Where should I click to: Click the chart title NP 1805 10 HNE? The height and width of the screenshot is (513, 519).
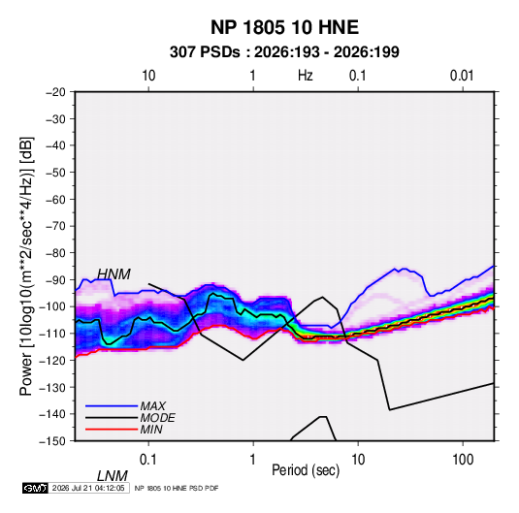click(x=284, y=27)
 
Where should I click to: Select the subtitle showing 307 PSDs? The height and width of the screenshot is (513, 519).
click(x=284, y=52)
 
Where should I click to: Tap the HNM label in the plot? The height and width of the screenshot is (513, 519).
click(x=114, y=274)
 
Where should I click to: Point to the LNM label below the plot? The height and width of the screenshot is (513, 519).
click(x=113, y=476)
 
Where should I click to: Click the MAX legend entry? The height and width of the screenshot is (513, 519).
click(x=152, y=405)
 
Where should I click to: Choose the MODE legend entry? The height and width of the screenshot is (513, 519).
click(x=157, y=418)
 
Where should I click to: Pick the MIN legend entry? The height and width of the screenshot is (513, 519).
click(x=151, y=430)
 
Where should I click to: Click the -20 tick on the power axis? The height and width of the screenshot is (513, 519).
click(x=55, y=92)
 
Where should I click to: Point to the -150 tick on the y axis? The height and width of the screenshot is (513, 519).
click(x=53, y=441)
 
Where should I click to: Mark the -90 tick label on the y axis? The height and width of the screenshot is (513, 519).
click(x=55, y=280)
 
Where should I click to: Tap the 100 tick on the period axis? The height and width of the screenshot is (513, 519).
click(x=463, y=460)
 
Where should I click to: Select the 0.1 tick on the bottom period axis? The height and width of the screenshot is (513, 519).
click(x=147, y=460)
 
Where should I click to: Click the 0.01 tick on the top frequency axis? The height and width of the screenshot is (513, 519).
click(x=462, y=76)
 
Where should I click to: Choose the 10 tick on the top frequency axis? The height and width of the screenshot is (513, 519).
click(x=148, y=76)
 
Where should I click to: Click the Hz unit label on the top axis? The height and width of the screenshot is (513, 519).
click(x=306, y=76)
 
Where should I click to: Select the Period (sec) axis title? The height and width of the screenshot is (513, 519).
click(x=306, y=470)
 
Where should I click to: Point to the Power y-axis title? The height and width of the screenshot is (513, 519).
click(x=26, y=267)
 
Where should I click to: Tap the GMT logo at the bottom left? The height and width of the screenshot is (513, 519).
click(x=35, y=488)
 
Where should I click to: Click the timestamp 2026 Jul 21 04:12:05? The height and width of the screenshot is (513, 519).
click(x=88, y=488)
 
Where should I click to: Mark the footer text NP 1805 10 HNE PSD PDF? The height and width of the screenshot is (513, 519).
click(x=177, y=488)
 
